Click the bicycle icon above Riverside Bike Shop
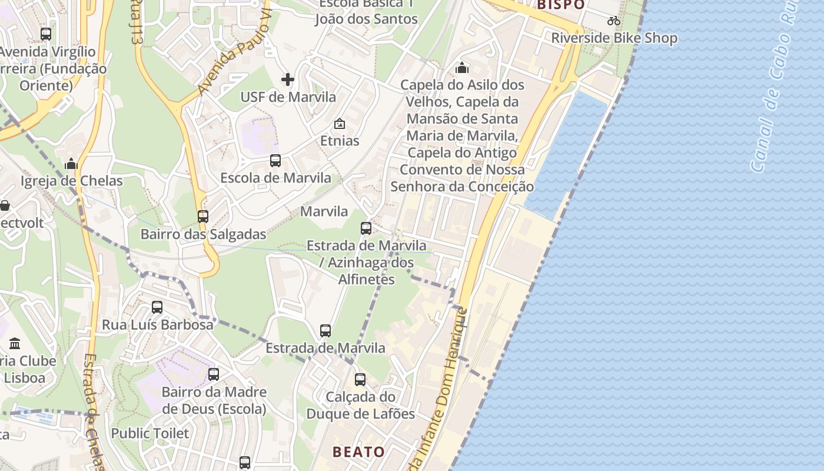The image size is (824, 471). click(x=614, y=21)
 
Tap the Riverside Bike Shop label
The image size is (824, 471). click(x=614, y=38)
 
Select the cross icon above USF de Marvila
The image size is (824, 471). click(x=288, y=79)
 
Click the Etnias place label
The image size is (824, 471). click(x=340, y=141)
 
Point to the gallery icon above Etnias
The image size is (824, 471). click(x=340, y=124)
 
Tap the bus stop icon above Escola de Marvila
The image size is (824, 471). click(x=275, y=160)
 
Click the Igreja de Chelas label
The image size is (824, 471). click(x=72, y=181)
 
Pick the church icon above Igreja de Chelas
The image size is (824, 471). click(x=71, y=163)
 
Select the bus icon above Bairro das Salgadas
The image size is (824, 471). click(x=203, y=216)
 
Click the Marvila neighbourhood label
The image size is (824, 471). click(x=324, y=211)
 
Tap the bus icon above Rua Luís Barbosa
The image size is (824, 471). click(x=157, y=307)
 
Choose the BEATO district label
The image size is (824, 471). click(x=358, y=452)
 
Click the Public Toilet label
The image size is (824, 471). click(x=150, y=433)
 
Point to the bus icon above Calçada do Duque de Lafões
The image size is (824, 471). click(x=360, y=380)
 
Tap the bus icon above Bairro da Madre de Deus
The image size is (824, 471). click(x=214, y=374)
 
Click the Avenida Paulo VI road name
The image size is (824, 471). click(x=234, y=56)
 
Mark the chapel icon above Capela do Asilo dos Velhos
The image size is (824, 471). click(x=462, y=68)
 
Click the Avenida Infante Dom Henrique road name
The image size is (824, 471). click(x=443, y=383)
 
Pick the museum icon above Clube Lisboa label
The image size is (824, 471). click(x=15, y=343)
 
